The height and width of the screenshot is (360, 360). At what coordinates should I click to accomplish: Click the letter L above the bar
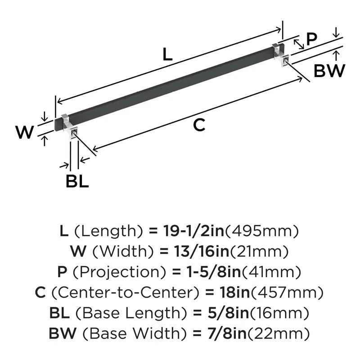coord(167,54)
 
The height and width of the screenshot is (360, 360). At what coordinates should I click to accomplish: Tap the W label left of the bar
coord(25,132)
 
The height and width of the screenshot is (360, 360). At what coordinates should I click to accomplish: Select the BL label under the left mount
coord(77,181)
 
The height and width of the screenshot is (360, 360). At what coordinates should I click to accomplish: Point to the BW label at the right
coord(329,71)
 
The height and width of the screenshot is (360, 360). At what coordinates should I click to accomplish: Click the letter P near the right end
coord(311,40)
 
